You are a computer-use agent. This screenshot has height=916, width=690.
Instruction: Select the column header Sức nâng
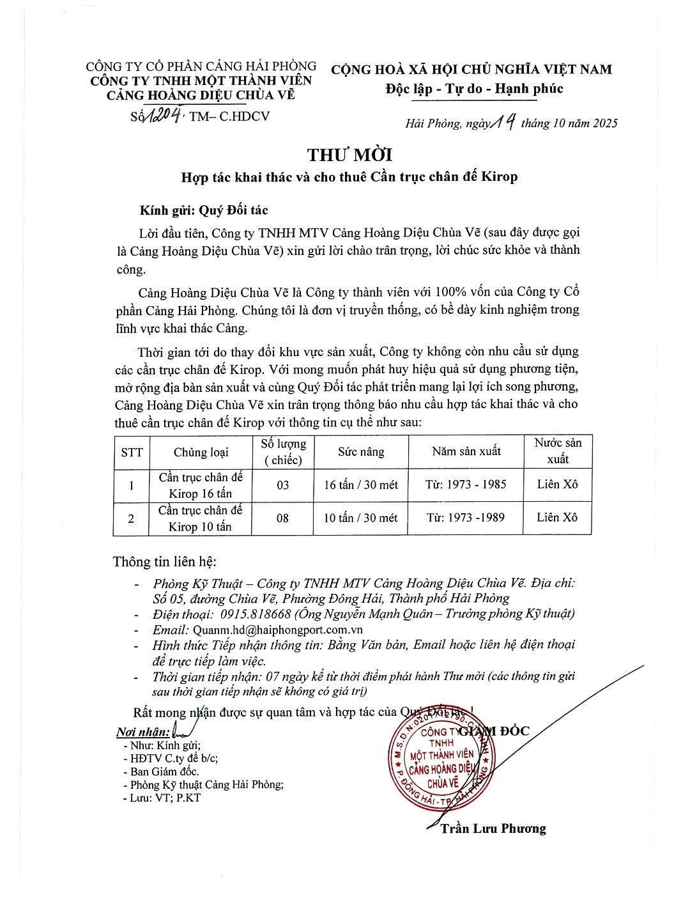point(361,452)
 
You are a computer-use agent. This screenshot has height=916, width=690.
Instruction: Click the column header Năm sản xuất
point(466,452)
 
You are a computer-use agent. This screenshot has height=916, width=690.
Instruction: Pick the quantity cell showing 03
point(282,485)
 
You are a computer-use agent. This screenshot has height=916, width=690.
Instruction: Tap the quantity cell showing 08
point(282,518)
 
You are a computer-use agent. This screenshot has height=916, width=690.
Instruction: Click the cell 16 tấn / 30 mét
point(361,485)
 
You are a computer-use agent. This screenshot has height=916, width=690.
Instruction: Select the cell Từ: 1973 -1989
point(466,518)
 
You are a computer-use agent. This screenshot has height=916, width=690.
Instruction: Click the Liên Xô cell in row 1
point(557,485)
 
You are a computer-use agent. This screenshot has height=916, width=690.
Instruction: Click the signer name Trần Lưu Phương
point(493,828)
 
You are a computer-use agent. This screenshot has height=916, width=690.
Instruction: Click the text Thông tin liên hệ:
point(165,562)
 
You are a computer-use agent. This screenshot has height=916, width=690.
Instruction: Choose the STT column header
point(132,452)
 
